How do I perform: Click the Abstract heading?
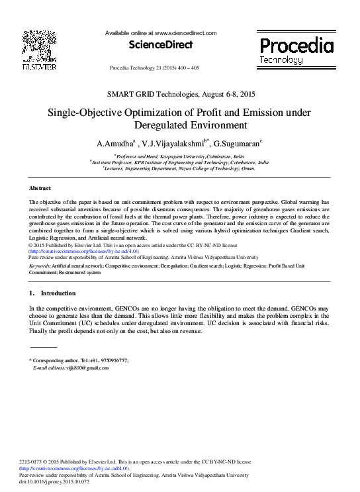(x=41, y=189)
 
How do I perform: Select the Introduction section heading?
(x=58, y=293)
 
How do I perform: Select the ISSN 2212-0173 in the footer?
(x=32, y=462)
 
